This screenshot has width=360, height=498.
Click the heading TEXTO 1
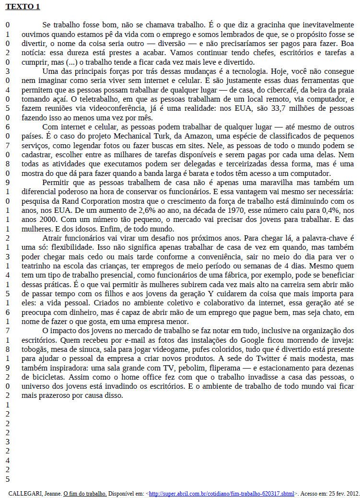coord(23,7)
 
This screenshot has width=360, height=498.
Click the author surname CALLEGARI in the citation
coord(25,493)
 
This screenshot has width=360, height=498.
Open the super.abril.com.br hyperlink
coord(221,493)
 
